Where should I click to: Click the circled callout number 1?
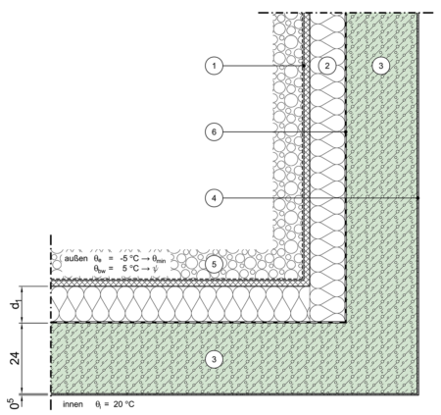click(x=214, y=66)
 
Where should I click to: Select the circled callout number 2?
click(x=327, y=66)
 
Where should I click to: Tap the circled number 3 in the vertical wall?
click(x=380, y=66)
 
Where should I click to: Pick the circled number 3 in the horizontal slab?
click(x=214, y=359)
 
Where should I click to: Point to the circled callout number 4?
click(x=214, y=198)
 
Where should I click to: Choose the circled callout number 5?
click(x=214, y=264)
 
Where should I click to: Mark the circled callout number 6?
click(x=214, y=131)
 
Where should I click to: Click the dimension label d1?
click(x=16, y=305)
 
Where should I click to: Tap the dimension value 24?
click(x=15, y=358)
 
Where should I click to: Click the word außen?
click(x=75, y=258)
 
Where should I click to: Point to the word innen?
click(x=73, y=404)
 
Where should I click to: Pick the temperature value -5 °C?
click(x=129, y=258)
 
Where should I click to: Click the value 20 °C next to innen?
click(x=123, y=404)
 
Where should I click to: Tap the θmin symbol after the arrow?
click(x=159, y=259)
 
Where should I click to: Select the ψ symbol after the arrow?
click(x=155, y=269)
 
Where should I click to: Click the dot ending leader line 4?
click(x=418, y=198)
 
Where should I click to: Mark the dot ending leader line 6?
click(x=346, y=131)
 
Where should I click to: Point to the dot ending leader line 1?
click(x=303, y=66)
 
